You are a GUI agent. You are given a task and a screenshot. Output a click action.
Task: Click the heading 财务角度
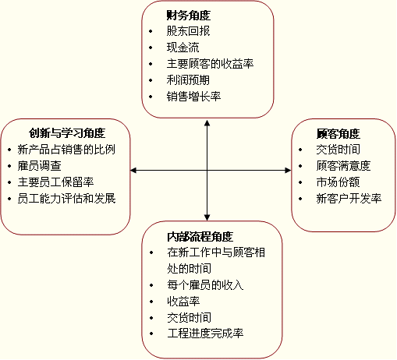click(189, 16)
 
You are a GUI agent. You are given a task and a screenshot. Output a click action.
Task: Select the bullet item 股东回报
click(188, 31)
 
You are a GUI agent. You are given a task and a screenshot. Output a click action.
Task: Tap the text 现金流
click(183, 48)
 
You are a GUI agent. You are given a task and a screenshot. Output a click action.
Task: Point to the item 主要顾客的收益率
click(210, 64)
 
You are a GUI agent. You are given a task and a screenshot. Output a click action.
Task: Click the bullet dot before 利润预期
click(151, 80)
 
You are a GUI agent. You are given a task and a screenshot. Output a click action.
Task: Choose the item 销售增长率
click(193, 97)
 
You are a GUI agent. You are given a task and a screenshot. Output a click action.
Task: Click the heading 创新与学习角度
click(67, 133)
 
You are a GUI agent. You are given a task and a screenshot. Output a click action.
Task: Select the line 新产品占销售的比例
click(66, 150)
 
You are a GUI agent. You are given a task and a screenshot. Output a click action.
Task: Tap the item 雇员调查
click(39, 166)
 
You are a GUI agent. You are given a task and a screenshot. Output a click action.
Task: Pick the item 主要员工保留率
click(55, 182)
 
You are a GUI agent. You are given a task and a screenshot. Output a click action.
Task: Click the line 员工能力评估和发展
click(66, 199)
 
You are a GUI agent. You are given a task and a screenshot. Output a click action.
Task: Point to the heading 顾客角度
click(339, 133)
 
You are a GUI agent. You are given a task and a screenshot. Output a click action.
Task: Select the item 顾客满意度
click(343, 166)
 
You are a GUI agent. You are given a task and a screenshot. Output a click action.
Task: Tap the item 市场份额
click(338, 182)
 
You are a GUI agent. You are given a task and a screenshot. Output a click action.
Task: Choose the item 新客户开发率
click(349, 199)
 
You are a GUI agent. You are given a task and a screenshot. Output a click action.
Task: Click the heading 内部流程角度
click(200, 236)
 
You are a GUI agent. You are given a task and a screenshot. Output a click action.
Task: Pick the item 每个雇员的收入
click(205, 285)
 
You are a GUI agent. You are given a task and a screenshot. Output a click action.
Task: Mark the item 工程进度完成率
click(205, 334)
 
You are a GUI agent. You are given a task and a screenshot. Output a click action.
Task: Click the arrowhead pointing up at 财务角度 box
click(207, 123)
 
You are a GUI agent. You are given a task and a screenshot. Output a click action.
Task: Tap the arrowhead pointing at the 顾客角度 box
click(288, 171)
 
